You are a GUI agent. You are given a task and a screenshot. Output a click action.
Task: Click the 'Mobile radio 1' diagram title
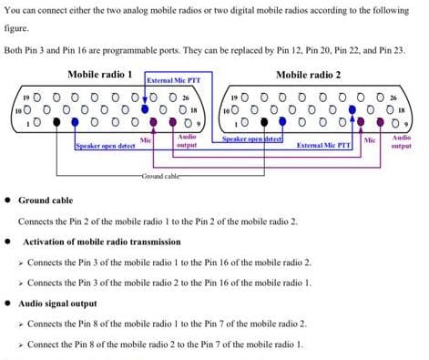pos(100,74)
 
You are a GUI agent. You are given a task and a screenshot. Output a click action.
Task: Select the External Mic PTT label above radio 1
pos(173,81)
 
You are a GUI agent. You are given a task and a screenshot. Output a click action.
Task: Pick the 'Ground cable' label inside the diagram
pos(162,174)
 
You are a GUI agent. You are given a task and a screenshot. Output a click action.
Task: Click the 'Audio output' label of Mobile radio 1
pos(186,140)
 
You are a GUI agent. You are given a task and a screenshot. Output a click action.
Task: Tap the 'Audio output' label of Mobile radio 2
pos(400,141)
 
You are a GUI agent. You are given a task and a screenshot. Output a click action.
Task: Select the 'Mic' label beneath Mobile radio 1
pos(146,139)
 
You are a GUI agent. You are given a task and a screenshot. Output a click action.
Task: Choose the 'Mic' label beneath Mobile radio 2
pos(370,139)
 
